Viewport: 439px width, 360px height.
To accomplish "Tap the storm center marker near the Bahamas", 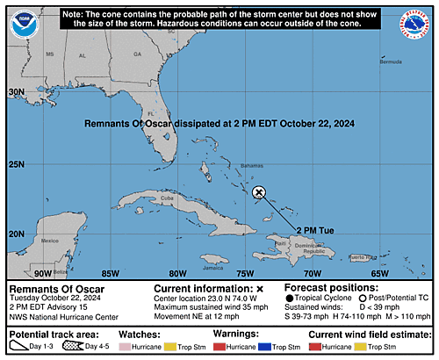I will [259, 192].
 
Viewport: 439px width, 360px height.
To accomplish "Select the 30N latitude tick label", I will [17, 91].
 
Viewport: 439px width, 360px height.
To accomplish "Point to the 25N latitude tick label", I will [17, 163].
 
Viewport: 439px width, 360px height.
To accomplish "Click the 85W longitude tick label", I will [110, 272].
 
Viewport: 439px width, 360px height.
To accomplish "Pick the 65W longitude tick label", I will [379, 272].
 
